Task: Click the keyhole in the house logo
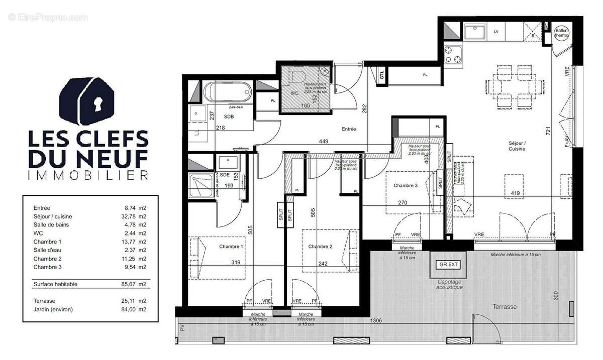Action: (96, 103)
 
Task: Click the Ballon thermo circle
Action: (561, 33)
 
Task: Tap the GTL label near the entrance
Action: (382, 75)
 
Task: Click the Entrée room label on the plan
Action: (349, 129)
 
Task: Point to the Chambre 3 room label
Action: (406, 186)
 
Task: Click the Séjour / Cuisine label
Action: (517, 146)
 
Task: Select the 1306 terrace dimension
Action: (377, 320)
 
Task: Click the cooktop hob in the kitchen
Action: (453, 56)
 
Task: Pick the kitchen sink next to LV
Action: (474, 33)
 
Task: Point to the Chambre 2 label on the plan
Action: (320, 247)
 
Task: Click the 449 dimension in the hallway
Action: (324, 142)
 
